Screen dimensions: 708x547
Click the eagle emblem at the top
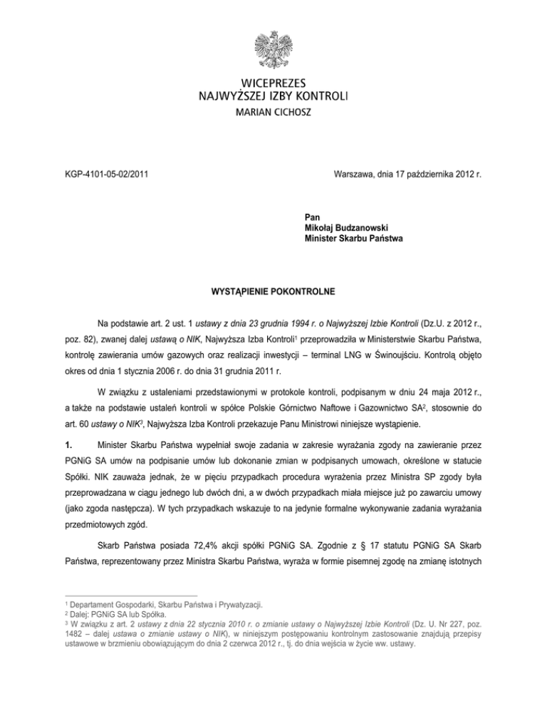273,49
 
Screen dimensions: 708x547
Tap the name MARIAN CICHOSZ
273,113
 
